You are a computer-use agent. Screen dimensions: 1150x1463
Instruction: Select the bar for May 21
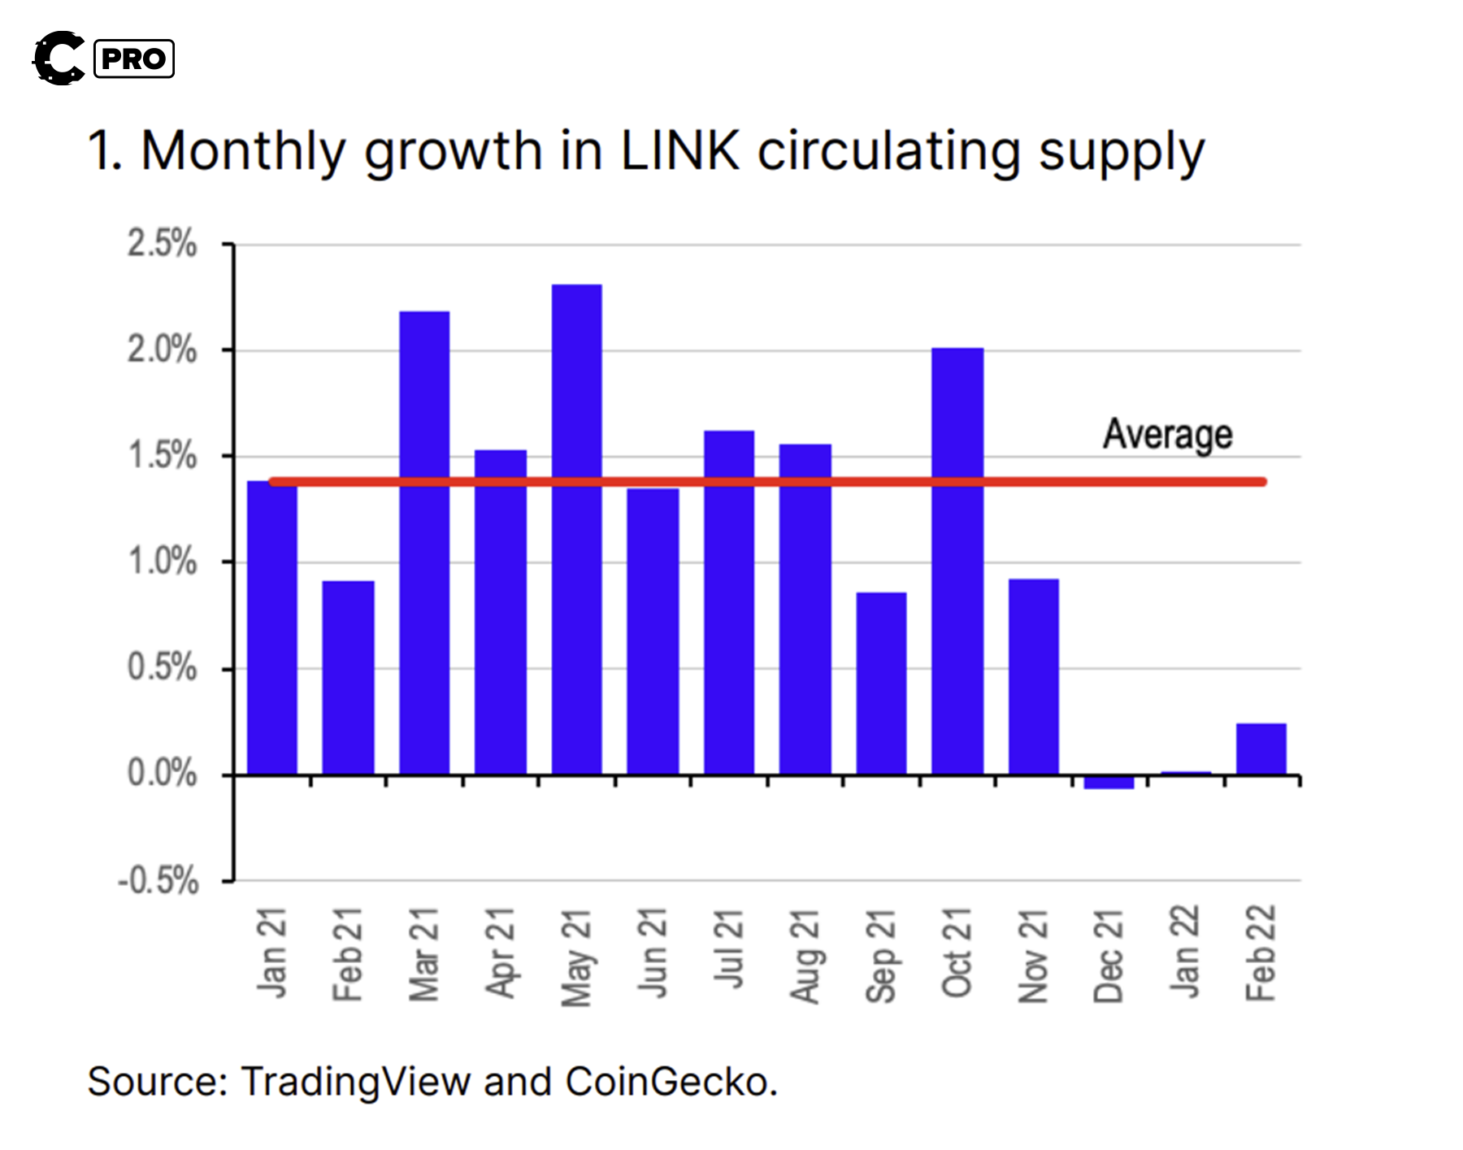point(576,528)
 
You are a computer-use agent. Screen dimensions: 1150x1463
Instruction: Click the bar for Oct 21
point(957,561)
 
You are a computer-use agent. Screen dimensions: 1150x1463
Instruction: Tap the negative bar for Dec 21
point(1109,782)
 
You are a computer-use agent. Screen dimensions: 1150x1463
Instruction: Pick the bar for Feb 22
point(1261,749)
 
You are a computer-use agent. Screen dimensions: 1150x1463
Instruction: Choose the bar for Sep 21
point(881,683)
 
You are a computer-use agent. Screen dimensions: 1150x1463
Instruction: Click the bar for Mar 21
point(424,542)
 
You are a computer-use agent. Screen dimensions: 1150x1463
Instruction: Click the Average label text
point(1167,434)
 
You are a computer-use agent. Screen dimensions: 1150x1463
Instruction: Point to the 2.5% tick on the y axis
point(162,244)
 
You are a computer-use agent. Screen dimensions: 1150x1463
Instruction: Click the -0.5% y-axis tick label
point(158,880)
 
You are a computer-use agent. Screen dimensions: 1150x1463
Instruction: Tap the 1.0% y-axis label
point(162,562)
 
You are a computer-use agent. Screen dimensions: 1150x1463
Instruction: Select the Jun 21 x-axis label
point(652,953)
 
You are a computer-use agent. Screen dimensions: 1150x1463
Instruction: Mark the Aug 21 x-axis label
point(805,957)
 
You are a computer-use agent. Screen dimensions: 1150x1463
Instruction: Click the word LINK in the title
point(680,151)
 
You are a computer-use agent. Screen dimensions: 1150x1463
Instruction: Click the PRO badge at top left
point(134,59)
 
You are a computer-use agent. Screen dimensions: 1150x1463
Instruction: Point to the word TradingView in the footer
point(356,1083)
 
